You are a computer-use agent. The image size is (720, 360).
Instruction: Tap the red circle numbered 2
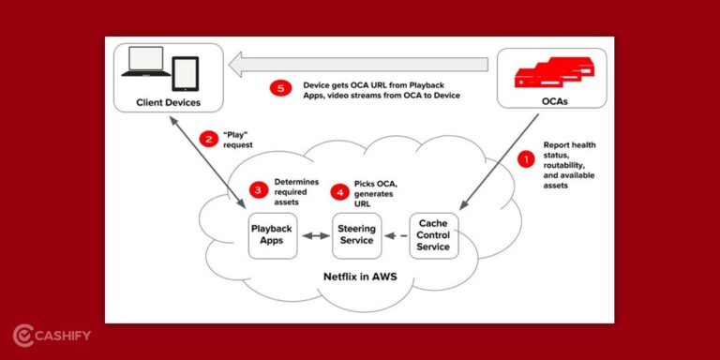(x=210, y=140)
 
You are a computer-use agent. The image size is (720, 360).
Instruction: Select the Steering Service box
(x=356, y=234)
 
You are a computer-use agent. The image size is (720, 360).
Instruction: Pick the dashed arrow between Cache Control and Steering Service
(x=397, y=234)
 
